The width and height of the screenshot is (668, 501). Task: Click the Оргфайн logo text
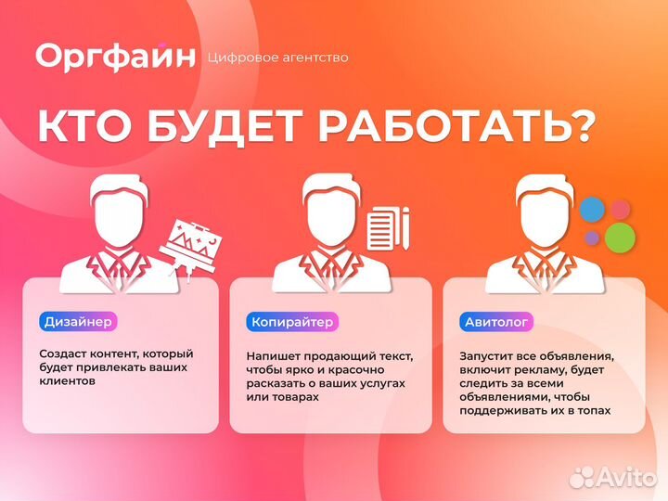tap(116, 56)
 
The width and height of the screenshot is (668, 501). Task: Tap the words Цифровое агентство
tap(279, 58)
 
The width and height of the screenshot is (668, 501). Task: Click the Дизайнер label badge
tap(78, 322)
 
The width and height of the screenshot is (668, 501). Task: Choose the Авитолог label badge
tap(495, 322)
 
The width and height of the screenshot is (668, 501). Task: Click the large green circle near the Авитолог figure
tap(620, 237)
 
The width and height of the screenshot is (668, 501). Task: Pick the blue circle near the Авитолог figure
tap(591, 210)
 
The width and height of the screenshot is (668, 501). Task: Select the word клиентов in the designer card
tap(67, 380)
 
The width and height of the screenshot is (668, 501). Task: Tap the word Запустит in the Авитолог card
tap(485, 354)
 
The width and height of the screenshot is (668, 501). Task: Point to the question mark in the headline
tap(582, 127)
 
